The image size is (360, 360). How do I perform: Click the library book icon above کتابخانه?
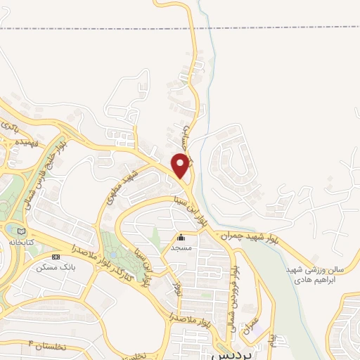pyautogui.click(x=21, y=230)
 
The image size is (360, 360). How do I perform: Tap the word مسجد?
pyautogui.click(x=181, y=247)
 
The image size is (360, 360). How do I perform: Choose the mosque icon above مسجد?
pyautogui.click(x=181, y=238)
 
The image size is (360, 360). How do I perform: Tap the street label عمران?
pyautogui.click(x=252, y=326)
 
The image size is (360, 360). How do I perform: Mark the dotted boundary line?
pyautogui.click(x=105, y=29)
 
